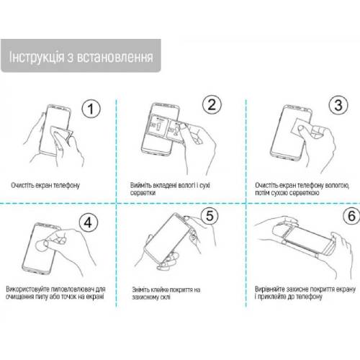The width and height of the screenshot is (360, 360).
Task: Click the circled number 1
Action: click(x=91, y=109)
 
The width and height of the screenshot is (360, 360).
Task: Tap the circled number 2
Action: click(x=212, y=104)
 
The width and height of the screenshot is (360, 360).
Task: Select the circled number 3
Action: click(x=338, y=105)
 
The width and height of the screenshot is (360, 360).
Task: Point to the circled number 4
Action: click(x=89, y=222)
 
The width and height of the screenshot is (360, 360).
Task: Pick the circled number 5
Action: click(x=210, y=215)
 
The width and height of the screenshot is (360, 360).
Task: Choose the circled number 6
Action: click(x=351, y=215)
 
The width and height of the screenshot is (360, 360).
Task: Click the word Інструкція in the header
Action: click(x=37, y=57)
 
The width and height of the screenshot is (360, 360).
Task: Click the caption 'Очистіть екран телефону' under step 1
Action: click(x=45, y=185)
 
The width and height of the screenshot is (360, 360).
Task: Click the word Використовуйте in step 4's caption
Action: click(x=28, y=289)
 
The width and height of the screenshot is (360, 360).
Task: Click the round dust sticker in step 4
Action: click(x=41, y=245)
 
